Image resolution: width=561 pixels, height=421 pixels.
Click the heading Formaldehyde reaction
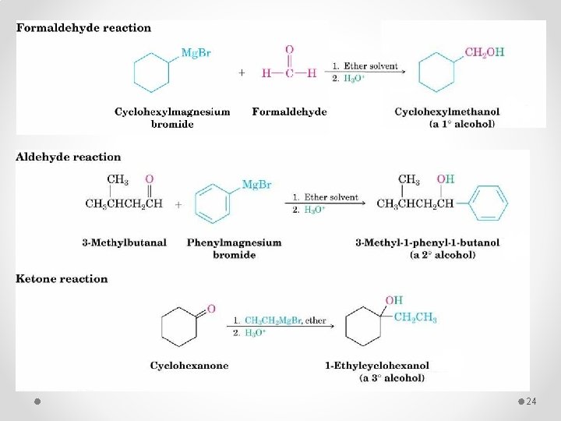83,28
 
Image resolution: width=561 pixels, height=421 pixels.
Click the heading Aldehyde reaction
69,157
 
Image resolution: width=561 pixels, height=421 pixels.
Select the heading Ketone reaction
62,279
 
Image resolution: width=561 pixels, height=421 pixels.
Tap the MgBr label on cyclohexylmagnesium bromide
195,53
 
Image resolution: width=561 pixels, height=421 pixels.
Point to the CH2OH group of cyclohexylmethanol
485,53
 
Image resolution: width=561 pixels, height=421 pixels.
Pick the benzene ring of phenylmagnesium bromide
212,204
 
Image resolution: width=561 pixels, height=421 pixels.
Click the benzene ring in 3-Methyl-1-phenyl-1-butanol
490,204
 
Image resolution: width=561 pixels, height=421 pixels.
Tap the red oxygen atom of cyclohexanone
211,309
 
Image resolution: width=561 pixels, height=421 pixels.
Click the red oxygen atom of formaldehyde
289,50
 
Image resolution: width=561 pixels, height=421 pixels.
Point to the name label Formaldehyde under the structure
289,111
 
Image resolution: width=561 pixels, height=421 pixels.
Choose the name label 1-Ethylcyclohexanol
377,365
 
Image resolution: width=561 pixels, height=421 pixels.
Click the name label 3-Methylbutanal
124,242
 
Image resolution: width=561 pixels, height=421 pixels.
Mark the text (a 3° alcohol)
392,378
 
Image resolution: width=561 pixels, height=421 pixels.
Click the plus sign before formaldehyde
242,73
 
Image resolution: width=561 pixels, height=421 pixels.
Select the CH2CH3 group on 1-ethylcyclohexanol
415,317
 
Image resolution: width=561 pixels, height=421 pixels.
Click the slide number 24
532,401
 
